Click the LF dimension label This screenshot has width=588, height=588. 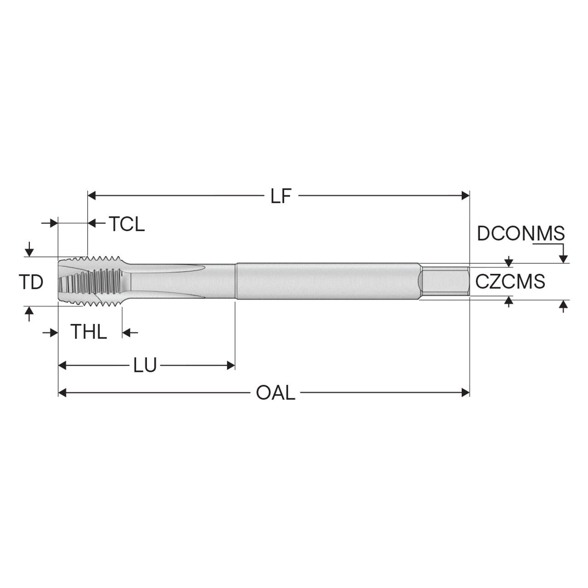click(281, 196)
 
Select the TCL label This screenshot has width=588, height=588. click(127, 224)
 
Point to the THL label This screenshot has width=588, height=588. click(89, 332)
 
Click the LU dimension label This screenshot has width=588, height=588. click(145, 365)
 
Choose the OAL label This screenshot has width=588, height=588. click(276, 393)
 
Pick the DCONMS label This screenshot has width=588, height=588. click(521, 234)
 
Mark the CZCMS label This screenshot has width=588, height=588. click(510, 281)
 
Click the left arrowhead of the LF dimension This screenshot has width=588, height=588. click(91, 196)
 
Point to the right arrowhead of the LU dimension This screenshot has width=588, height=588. click(231, 365)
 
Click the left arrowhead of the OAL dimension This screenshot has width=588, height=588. click(62, 392)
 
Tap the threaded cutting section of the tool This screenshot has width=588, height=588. click(90, 281)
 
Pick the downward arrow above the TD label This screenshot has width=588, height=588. click(29, 249)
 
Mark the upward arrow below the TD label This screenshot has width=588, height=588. click(29, 314)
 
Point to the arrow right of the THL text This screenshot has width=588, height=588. click(130, 332)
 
